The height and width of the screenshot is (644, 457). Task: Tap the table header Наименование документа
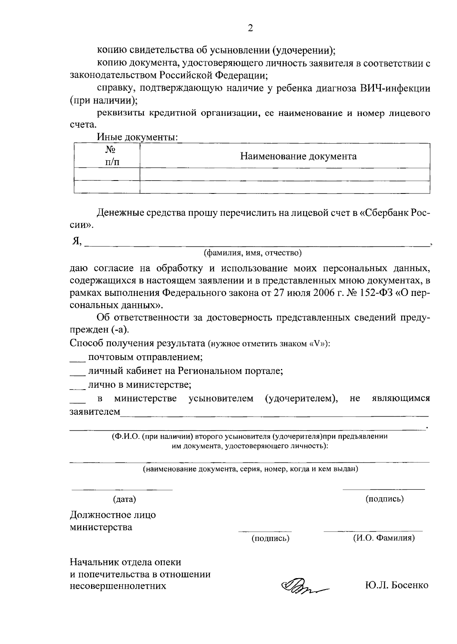pos(298,156)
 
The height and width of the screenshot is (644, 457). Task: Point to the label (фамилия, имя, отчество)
pos(253,252)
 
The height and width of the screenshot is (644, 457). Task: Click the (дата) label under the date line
pos(124,499)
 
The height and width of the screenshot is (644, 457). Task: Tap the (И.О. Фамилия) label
pos(384,538)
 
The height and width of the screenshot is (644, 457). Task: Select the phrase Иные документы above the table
pos(137,137)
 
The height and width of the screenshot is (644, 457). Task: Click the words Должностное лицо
pos(113,515)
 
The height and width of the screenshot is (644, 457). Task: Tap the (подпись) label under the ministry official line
pos(270,539)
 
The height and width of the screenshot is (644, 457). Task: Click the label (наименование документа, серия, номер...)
pos(250,469)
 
